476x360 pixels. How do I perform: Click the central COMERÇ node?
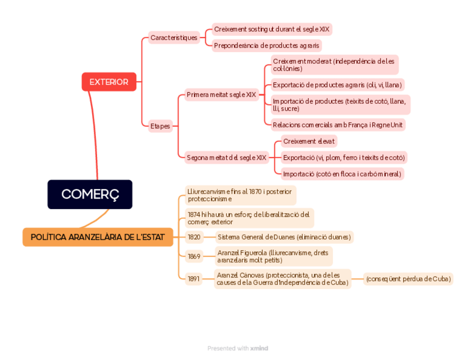[90, 194]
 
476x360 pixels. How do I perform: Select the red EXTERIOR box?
[109, 82]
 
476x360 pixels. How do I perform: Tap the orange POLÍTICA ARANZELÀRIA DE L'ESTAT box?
[98, 237]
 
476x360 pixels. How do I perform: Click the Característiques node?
[174, 38]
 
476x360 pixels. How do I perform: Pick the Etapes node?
[160, 126]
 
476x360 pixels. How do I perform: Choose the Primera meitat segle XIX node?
[221, 95]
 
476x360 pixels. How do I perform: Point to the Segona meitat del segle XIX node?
[226, 158]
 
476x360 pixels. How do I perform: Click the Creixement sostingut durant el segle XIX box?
[272, 29]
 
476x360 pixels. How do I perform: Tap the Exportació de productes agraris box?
[337, 85]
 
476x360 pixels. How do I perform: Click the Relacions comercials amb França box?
[337, 124]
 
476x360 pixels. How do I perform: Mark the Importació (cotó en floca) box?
[342, 174]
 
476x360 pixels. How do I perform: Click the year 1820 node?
[194, 237]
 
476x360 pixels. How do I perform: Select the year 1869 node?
[194, 256]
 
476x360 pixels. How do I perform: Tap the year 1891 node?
[194, 279]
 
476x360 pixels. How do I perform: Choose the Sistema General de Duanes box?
[284, 237]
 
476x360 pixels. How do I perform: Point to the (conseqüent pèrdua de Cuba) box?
[408, 279]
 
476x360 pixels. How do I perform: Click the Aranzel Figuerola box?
[273, 256]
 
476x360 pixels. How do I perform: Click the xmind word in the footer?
[259, 348]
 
